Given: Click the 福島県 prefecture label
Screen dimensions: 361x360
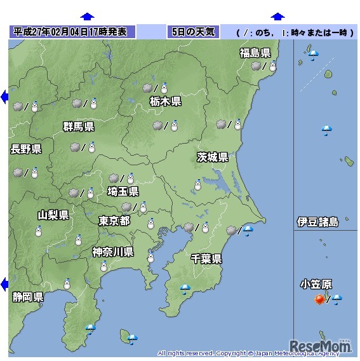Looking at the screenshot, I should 255,53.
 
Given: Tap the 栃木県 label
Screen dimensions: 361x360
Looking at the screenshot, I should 166,101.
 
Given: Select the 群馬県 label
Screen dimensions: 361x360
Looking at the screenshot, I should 79,126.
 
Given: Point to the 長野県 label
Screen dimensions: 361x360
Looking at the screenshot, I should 26,149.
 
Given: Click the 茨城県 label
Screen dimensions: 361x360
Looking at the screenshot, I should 213,157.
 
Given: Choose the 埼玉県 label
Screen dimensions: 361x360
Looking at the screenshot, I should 123,191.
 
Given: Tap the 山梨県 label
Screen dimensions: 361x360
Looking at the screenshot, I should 53,215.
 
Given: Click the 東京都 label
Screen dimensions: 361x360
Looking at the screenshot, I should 114,221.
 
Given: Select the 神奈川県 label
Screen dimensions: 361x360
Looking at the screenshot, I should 112,252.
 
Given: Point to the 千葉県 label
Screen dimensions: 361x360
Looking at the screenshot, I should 206,258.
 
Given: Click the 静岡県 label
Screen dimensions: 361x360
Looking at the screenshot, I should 28,297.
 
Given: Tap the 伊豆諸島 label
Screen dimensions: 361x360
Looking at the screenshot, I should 318,222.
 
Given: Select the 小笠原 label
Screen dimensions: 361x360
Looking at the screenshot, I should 316,284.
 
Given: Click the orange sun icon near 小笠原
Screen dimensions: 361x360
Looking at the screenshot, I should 319,299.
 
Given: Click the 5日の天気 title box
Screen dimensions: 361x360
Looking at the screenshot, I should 193,32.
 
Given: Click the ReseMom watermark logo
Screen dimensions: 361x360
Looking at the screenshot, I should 321,345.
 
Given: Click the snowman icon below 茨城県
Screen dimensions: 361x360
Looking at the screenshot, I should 197,186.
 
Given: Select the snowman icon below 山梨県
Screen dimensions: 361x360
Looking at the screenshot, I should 38,231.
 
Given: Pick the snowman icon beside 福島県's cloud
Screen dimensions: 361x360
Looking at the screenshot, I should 272,66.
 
